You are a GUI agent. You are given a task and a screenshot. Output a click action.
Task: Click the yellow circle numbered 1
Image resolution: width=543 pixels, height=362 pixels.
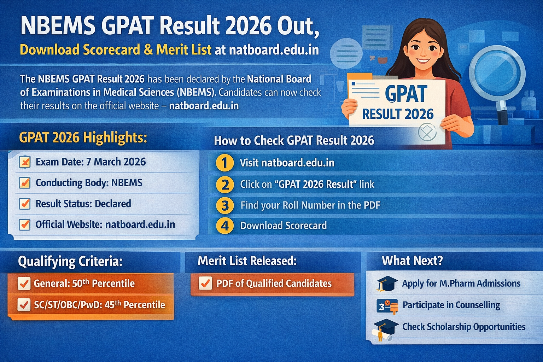pos(224,163)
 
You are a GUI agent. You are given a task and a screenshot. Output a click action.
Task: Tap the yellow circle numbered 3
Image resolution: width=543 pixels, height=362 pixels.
pos(225,205)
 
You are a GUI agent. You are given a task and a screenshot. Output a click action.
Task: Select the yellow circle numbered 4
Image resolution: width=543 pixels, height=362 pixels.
pos(225,226)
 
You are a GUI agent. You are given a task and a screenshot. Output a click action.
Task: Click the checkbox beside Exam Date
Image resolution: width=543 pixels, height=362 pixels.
pos(25,162)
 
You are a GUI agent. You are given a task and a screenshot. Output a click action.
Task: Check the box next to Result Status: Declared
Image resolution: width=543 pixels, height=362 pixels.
pos(25,204)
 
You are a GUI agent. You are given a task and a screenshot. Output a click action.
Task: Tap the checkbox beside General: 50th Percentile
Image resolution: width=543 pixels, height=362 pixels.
pos(24,284)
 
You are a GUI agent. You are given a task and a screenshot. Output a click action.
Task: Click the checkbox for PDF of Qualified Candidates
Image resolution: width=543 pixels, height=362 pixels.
pos(205,284)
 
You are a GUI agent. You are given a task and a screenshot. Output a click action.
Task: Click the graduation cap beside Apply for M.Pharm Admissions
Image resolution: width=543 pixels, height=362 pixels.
pos(386,284)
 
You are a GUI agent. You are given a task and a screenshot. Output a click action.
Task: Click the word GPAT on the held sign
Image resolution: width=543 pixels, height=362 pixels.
pos(406,94)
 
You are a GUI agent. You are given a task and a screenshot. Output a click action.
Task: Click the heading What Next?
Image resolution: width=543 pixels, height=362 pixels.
pos(412,261)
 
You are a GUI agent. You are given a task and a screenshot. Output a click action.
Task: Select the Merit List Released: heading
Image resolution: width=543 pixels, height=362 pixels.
pos(247,261)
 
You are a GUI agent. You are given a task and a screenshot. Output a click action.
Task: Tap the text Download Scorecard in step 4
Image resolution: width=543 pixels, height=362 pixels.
pos(284,226)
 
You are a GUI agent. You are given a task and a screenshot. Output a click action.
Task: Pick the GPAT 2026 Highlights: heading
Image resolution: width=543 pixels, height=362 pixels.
pos(83,137)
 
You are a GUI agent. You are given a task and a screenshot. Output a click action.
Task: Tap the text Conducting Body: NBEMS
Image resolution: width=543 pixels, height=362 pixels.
pos(89,183)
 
